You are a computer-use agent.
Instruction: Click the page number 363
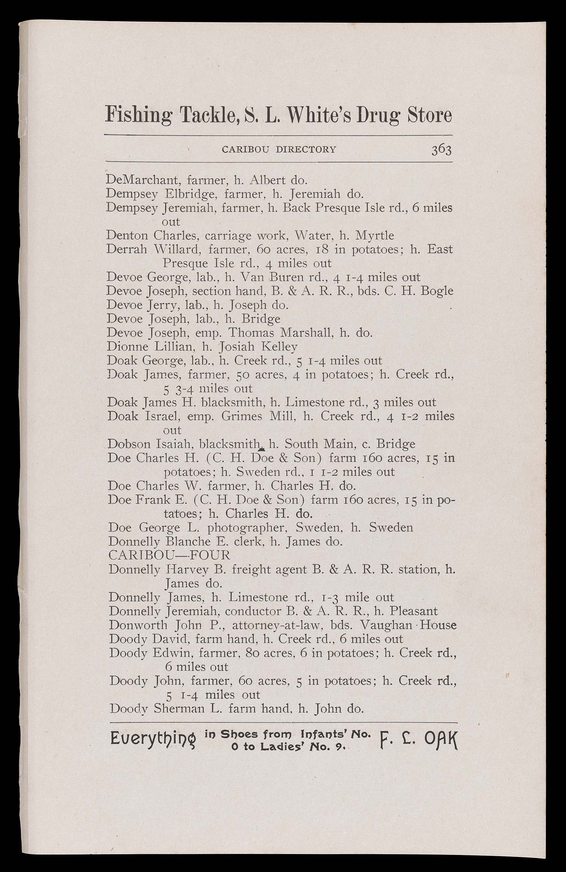click(441, 150)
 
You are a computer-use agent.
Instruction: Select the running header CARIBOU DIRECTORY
click(279, 149)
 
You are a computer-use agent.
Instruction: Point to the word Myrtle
click(375, 236)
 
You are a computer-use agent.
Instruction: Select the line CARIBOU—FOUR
click(169, 555)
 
